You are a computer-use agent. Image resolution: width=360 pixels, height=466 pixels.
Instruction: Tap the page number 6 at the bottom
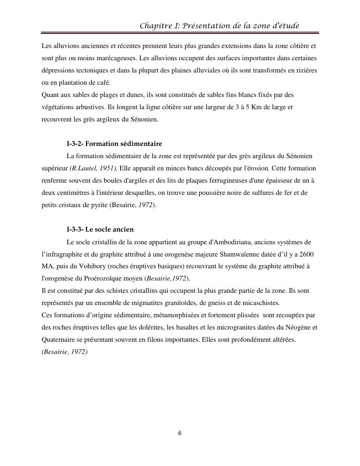pyautogui.click(x=180, y=433)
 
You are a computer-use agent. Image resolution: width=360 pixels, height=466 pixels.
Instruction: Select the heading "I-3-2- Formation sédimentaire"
pyautogui.click(x=114, y=144)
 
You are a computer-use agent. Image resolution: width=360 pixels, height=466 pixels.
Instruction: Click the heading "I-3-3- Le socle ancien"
pyautogui.click(x=100, y=229)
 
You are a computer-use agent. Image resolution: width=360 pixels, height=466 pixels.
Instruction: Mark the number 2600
pyautogui.click(x=306, y=254)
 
